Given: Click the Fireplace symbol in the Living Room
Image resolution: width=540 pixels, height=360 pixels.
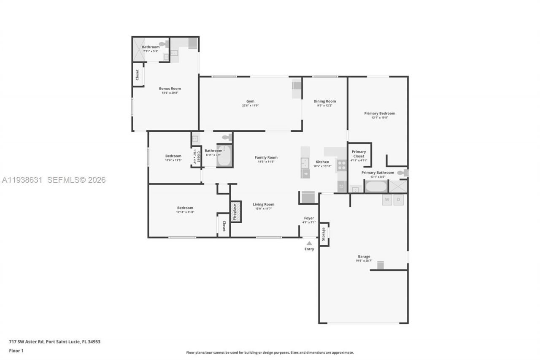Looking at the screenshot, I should [x=236, y=212].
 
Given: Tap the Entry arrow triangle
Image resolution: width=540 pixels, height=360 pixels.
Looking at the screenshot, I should [x=309, y=243].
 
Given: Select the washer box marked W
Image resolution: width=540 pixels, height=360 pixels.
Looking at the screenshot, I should [x=387, y=200].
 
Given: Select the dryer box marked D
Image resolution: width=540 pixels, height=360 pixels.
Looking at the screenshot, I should [x=398, y=200].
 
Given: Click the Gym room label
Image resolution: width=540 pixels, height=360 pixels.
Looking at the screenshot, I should [x=251, y=101].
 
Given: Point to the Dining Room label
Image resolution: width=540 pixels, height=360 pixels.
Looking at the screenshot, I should [x=324, y=101].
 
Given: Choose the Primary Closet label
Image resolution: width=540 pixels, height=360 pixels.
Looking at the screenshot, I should [x=359, y=154].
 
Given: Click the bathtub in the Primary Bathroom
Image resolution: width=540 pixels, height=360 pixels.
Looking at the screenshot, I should [x=375, y=187].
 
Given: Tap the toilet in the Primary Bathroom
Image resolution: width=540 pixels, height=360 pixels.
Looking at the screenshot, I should [x=402, y=173].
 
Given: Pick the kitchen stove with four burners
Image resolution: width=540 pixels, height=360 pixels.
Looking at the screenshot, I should [x=341, y=165].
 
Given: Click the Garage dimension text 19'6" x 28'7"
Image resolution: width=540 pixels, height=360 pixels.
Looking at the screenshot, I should [x=364, y=261].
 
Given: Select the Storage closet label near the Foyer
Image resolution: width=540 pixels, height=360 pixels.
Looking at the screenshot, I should [x=324, y=234].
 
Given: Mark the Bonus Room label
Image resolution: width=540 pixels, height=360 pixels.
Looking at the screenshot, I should [x=170, y=89].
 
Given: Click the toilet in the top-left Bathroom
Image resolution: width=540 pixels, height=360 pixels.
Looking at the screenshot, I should [x=163, y=43].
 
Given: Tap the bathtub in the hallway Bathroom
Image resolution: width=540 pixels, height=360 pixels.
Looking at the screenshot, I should [x=224, y=156].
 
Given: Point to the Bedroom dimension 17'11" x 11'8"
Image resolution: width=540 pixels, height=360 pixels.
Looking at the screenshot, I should [x=185, y=212].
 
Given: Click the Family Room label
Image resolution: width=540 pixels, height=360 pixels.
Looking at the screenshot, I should [x=266, y=157].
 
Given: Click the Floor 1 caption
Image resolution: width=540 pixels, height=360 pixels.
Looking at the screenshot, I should [x=16, y=351].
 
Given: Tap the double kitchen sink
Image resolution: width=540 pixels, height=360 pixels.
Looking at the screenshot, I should [x=305, y=163].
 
